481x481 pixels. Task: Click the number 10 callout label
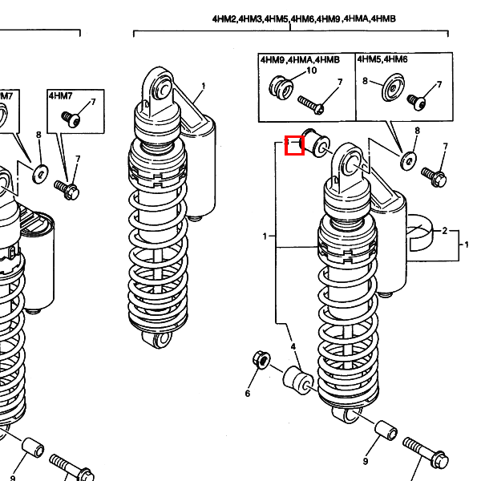(x=311, y=71)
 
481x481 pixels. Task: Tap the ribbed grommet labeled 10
(x=281, y=87)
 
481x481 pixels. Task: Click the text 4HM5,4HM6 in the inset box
(x=382, y=59)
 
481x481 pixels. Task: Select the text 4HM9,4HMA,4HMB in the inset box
(x=300, y=59)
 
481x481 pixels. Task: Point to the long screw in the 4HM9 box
(x=311, y=105)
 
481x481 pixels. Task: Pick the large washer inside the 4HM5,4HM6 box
(x=393, y=87)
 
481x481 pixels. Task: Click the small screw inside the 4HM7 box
(x=71, y=119)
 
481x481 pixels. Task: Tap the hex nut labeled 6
(x=261, y=360)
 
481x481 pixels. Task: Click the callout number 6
(x=248, y=394)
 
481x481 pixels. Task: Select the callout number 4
(x=293, y=346)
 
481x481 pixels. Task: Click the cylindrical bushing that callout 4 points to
(x=298, y=380)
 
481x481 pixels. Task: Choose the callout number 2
(x=445, y=231)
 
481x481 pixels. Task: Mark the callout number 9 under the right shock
(x=366, y=461)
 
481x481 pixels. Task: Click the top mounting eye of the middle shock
(x=163, y=88)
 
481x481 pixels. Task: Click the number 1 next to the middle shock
(x=203, y=87)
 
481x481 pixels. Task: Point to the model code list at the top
(x=304, y=19)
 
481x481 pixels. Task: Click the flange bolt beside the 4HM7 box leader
(x=67, y=189)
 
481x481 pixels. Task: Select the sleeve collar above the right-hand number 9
(x=386, y=431)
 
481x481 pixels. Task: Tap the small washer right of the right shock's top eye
(x=409, y=160)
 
